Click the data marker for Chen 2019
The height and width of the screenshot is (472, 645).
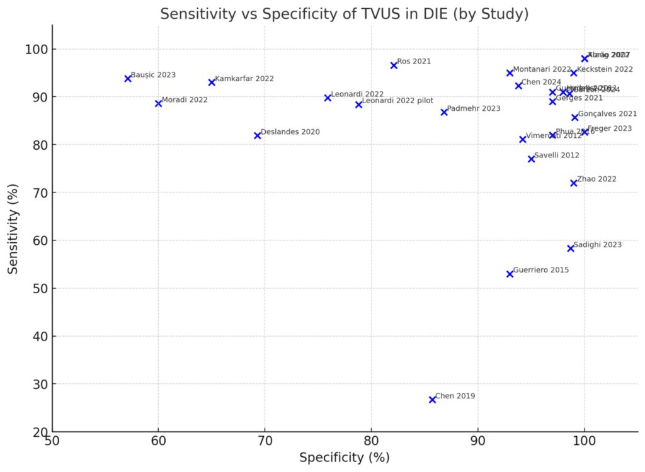[432, 400]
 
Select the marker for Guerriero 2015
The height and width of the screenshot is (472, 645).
[510, 274]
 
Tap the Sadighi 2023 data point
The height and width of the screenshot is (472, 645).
[571, 249]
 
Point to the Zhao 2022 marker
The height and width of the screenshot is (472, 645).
[574, 183]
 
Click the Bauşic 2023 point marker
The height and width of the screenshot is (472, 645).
[128, 79]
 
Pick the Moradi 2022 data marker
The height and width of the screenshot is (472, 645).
[158, 103]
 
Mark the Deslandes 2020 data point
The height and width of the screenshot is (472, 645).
[257, 135]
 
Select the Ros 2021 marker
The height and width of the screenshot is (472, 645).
[394, 65]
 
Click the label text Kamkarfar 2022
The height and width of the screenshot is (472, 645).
[244, 79]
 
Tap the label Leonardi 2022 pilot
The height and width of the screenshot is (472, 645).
[397, 101]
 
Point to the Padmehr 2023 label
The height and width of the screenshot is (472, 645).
[473, 108]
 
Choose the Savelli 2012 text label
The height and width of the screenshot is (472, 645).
[556, 155]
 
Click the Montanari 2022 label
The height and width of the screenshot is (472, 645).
[542, 69]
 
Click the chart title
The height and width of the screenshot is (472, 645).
[344, 14]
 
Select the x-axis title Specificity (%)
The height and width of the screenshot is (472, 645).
[344, 458]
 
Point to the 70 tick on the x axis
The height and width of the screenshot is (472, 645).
[265, 439]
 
